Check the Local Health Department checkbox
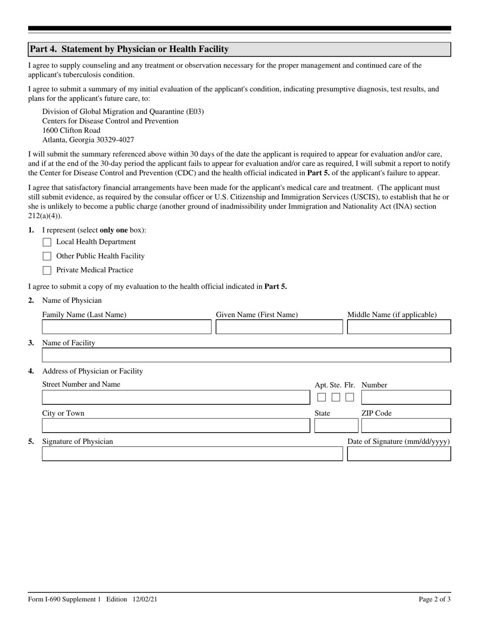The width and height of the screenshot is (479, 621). click(47, 242)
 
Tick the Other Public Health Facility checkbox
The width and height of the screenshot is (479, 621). click(47, 256)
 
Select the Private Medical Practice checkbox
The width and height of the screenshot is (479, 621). click(47, 271)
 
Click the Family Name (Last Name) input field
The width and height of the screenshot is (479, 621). click(127, 327)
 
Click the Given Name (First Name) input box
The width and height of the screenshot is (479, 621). click(279, 327)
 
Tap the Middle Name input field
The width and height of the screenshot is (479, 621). click(399, 327)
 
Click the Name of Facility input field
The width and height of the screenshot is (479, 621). click(246, 355)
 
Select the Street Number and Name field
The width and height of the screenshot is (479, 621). click(176, 397)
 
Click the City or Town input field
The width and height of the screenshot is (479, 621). click(176, 426)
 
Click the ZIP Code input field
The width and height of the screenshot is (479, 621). click(406, 426)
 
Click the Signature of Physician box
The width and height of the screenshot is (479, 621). click(192, 454)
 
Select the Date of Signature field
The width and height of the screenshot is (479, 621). click(399, 454)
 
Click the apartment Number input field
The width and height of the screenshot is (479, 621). click(406, 397)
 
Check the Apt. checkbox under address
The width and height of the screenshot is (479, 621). click(322, 397)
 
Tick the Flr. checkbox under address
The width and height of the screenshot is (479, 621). click(349, 397)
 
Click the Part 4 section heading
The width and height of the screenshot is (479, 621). click(129, 49)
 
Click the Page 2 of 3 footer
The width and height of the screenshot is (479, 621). click(435, 599)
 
